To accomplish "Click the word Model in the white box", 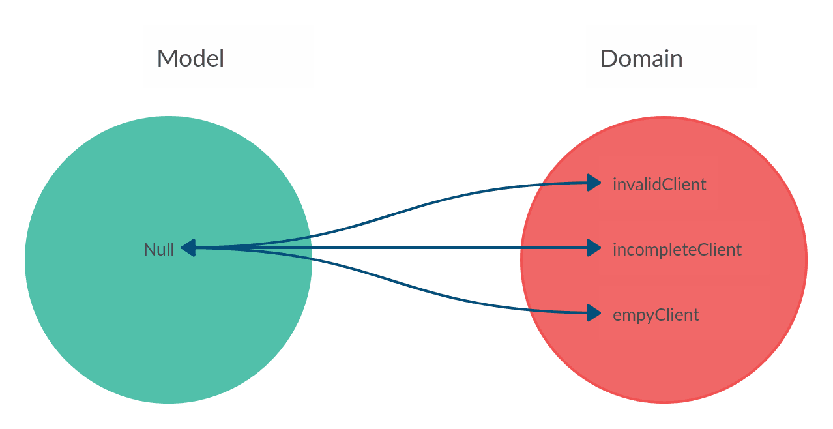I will coord(190,59).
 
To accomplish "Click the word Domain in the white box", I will coord(641,59).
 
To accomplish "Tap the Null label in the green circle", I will coord(159,250).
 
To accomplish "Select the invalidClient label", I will coord(659,185).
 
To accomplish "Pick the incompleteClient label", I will coord(677,250).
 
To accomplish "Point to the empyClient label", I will coord(656,315).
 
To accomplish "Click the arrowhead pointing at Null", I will coord(188,248).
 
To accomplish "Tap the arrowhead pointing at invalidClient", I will coord(593,183).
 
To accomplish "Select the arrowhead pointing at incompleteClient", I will coord(593,248).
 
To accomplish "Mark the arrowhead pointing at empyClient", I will coord(593,313).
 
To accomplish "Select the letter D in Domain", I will coord(607,59).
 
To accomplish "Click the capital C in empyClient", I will coord(659,315).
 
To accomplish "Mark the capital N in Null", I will coord(149,250).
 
